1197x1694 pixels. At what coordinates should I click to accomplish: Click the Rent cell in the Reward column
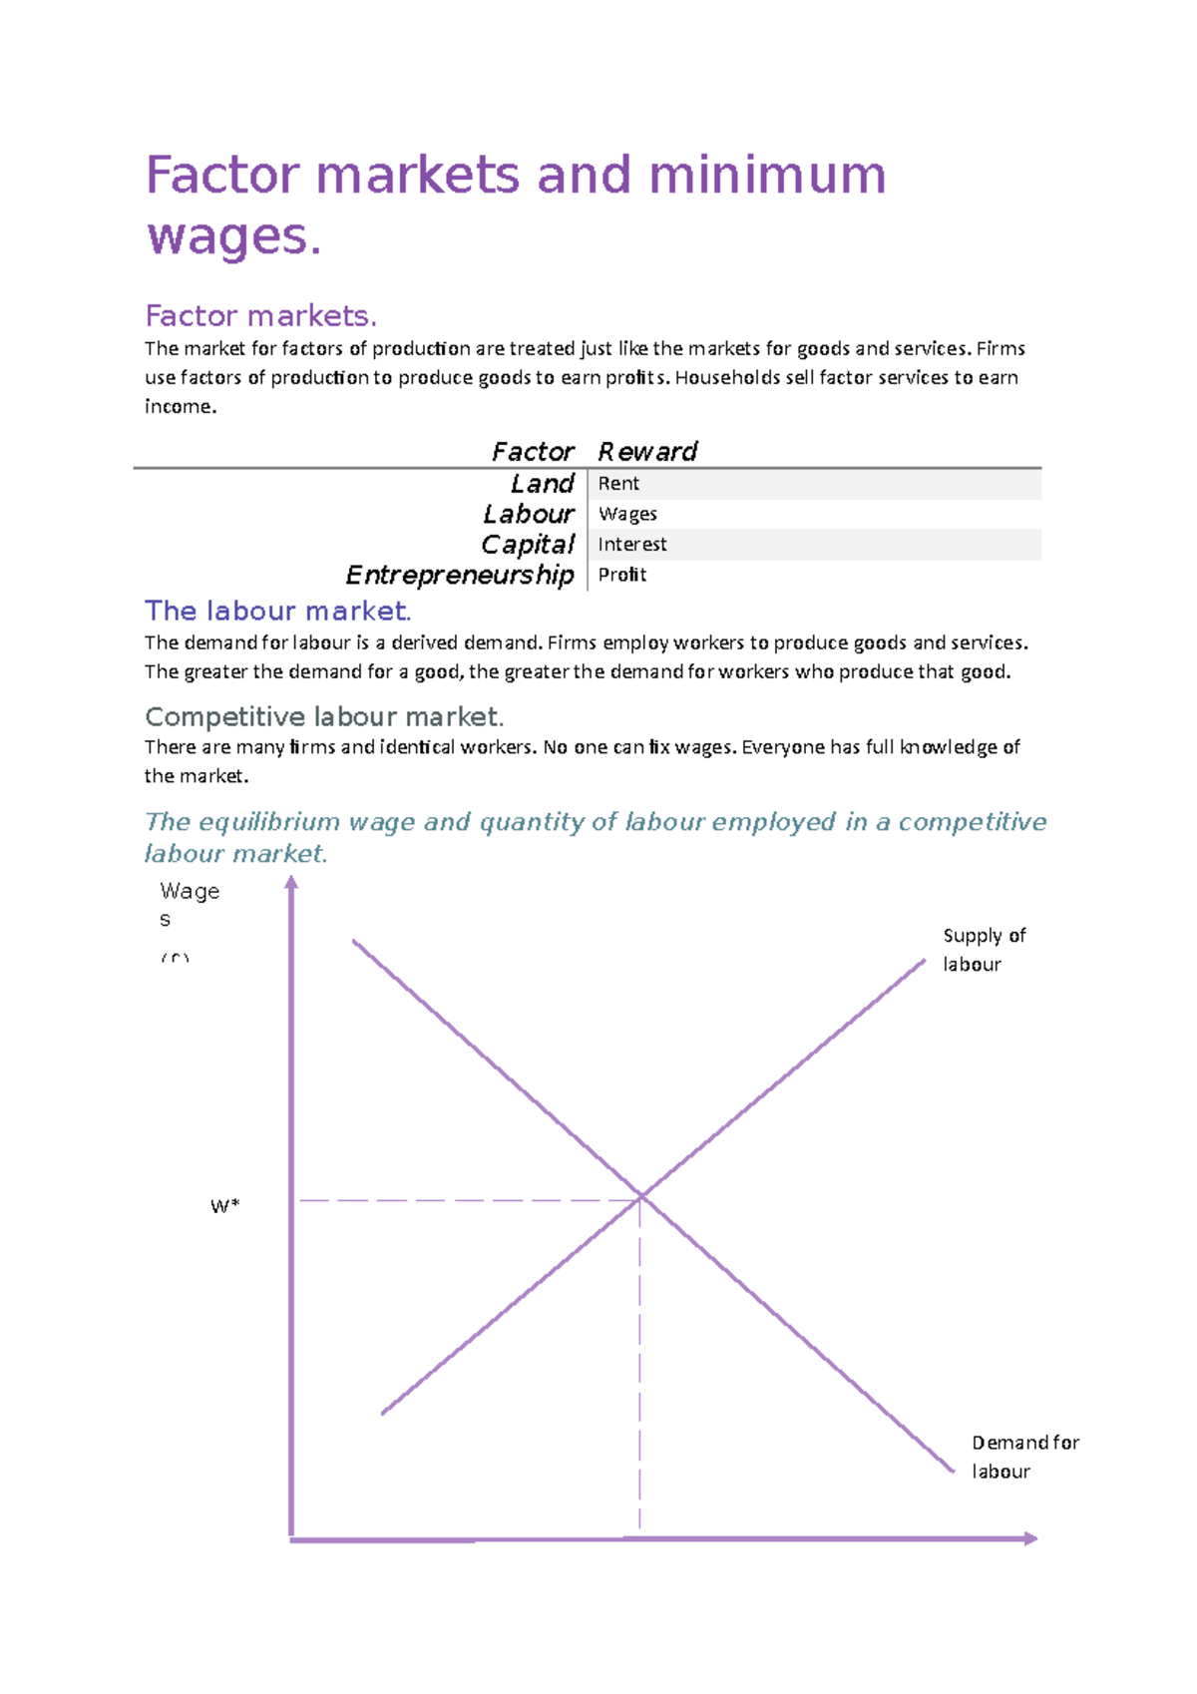tap(618, 484)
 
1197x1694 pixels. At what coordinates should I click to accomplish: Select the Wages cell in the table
tap(627, 515)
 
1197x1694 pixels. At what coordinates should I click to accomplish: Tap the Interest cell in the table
tap(632, 545)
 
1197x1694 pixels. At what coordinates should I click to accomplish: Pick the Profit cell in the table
tap(622, 576)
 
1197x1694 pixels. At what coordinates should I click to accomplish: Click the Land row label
tap(542, 484)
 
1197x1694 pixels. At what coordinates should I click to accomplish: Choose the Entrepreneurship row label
tap(460, 576)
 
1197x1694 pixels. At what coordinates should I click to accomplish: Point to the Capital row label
tap(528, 545)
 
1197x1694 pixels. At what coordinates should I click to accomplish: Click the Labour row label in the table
tap(529, 515)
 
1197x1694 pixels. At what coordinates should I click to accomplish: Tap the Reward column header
tap(647, 452)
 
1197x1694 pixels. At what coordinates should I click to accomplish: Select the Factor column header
tap(533, 452)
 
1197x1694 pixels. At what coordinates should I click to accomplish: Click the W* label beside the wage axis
tap(225, 1206)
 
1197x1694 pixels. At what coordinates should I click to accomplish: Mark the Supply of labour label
tap(984, 950)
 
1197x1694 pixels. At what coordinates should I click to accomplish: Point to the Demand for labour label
tap(1024, 1457)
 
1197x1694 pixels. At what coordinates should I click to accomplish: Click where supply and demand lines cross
tap(641, 1195)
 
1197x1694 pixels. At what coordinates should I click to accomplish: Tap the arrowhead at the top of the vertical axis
tap(291, 882)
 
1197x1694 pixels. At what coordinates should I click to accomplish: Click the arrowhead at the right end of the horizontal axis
tap(1031, 1538)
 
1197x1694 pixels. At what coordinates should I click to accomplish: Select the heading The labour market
tap(277, 611)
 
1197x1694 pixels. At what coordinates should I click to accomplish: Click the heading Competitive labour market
tap(324, 716)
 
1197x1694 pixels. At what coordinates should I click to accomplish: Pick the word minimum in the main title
tap(766, 175)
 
